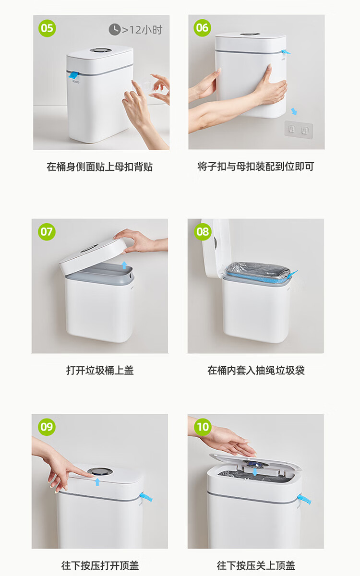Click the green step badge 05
(x=47, y=28)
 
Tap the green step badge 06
(x=203, y=28)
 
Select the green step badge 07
(x=47, y=232)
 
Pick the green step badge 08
(x=203, y=232)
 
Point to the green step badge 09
(x=47, y=427)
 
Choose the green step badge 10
(x=203, y=427)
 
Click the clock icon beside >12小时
(x=115, y=30)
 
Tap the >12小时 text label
(x=142, y=30)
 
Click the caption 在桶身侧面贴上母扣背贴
(x=100, y=167)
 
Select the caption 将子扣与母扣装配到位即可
(x=256, y=167)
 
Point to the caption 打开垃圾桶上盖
(x=100, y=370)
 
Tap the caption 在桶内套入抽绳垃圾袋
(x=256, y=370)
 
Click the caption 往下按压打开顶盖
(x=100, y=565)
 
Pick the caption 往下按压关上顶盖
(x=256, y=565)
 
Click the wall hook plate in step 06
(x=299, y=129)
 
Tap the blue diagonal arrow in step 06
(x=294, y=111)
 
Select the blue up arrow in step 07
(x=124, y=265)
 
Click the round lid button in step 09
(x=100, y=471)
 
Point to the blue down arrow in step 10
(x=255, y=472)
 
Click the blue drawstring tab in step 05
(x=73, y=75)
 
